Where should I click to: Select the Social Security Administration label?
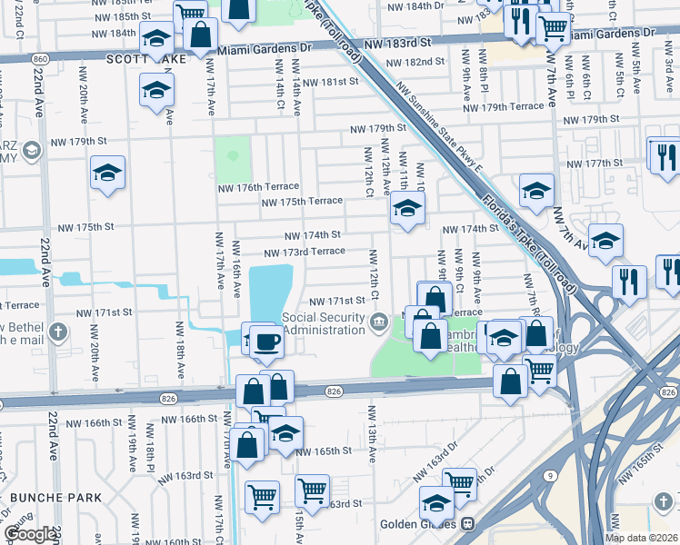coord(323,323)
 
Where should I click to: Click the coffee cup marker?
coord(266,342)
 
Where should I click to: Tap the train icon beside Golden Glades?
coord(469,524)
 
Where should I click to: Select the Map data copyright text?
coord(640,538)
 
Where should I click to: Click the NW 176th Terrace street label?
coord(258,188)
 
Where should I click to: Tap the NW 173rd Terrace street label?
coord(304,252)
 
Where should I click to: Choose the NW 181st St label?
coord(330,82)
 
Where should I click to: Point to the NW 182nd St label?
coord(414,62)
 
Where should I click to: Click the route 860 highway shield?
coord(39,58)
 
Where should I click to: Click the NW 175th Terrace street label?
coord(302,201)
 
